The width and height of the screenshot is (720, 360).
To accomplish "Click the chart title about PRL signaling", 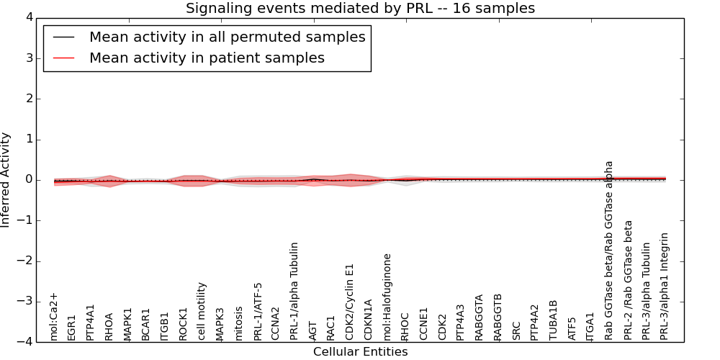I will click(360, 9).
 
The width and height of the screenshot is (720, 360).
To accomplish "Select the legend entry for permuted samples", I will click(227, 37).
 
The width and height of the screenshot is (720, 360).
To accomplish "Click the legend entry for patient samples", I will click(207, 58).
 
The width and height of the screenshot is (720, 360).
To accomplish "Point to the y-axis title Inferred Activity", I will click(6, 180).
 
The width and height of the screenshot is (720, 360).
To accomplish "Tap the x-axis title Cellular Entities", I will click(360, 352).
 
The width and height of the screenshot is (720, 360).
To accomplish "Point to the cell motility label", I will click(202, 311).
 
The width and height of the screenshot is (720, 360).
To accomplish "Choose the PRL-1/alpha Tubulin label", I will click(294, 291).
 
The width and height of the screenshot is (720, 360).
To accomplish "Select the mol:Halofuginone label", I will click(387, 297).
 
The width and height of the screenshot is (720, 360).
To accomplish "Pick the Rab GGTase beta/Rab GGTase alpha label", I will click(609, 250).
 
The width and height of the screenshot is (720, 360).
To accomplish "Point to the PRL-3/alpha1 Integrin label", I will click(665, 286).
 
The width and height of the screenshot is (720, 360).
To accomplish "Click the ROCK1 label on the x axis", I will click(183, 324).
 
